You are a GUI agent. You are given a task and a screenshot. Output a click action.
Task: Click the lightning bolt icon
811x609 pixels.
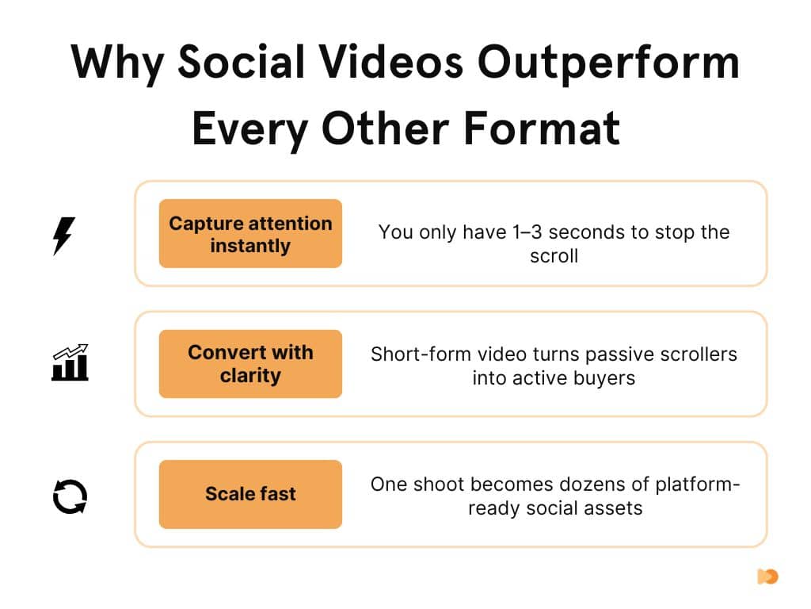[x=64, y=235]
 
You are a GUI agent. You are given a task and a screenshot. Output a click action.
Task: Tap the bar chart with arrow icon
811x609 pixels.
[x=70, y=363]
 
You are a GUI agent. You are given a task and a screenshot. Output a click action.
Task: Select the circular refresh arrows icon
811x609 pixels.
[x=69, y=495]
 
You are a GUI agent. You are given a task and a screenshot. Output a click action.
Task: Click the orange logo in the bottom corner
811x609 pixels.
[x=767, y=576]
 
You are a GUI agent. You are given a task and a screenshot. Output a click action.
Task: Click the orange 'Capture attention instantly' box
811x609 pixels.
[x=250, y=234]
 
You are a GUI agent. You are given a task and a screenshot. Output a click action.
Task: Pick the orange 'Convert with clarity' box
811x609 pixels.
[x=250, y=364]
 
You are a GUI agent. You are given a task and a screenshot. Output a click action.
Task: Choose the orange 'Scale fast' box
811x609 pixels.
[x=250, y=494]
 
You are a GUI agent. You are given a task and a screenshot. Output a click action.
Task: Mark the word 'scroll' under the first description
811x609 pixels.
[x=554, y=256]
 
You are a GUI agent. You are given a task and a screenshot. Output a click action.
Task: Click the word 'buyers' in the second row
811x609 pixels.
[x=606, y=377]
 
